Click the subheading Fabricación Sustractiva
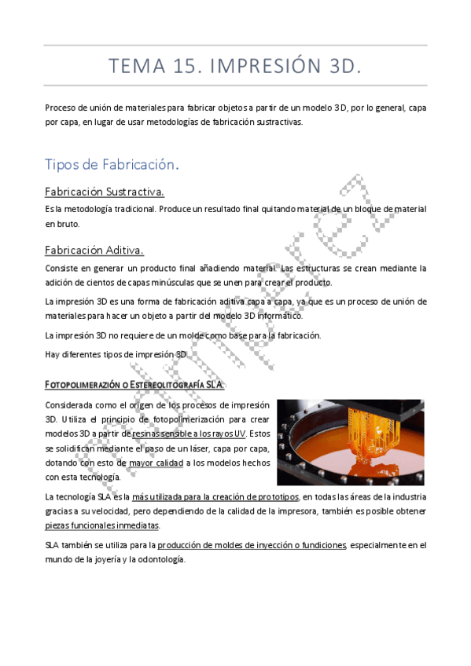105,192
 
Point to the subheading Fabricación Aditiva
94,251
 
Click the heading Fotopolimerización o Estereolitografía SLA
134,384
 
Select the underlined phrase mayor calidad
156,463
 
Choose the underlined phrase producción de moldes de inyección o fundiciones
252,545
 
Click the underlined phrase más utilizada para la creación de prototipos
215,497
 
